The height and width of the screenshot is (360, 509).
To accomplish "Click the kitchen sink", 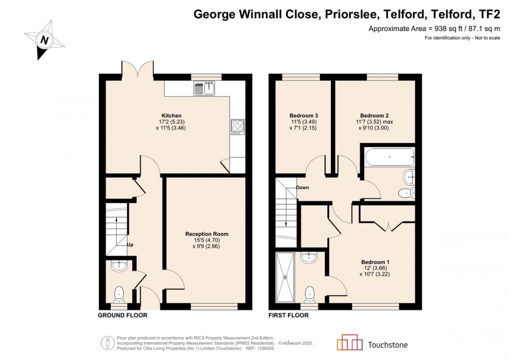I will [204, 89].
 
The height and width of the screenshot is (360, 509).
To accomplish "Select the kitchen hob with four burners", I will [237, 127].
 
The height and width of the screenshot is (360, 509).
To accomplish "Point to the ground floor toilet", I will [120, 295].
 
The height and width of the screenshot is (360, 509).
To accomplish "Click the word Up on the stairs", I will [130, 245].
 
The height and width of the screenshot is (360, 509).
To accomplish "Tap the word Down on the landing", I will [302, 188].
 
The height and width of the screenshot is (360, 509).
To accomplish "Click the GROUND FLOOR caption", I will [122, 316].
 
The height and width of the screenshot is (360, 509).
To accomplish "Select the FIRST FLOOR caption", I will [288, 316].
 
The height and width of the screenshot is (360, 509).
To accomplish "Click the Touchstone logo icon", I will [350, 344].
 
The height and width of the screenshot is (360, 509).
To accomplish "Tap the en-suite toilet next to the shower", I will [310, 294].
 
